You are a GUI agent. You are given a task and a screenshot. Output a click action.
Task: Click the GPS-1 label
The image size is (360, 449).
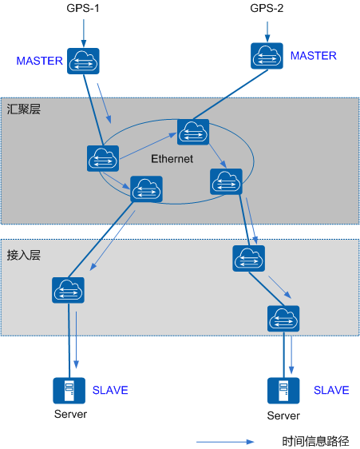pyautogui.click(x=83, y=8)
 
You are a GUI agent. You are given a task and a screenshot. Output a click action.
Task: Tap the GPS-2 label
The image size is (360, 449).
pyautogui.click(x=267, y=8)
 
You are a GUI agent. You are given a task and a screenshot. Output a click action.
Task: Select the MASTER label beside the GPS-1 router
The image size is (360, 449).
pyautogui.click(x=39, y=61)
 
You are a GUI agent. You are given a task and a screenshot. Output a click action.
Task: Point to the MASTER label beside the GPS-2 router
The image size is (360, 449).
pyautogui.click(x=314, y=56)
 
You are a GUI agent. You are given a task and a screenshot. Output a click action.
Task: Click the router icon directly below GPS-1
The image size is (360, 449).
pyautogui.click(x=83, y=61)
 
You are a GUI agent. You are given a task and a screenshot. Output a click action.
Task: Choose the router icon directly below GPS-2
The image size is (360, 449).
pyautogui.click(x=267, y=56)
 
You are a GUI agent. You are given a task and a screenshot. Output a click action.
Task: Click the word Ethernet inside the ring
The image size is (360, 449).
pyautogui.click(x=172, y=159)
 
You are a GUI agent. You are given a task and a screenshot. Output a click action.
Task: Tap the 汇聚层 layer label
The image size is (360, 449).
pyautogui.click(x=24, y=109)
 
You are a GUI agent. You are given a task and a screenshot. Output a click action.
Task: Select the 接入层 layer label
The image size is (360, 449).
pyautogui.click(x=24, y=255)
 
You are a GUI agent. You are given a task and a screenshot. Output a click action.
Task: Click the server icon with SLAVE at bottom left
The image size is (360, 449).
pyautogui.click(x=69, y=391)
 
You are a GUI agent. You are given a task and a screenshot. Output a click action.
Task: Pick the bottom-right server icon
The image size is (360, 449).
pyautogui.click(x=283, y=391)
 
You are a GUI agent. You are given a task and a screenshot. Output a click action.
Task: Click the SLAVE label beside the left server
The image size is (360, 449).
pyautogui.click(x=110, y=390)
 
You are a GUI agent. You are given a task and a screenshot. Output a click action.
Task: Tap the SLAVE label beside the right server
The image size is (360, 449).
pyautogui.click(x=331, y=390)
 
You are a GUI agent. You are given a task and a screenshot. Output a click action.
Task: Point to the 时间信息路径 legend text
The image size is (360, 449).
pyautogui.click(x=315, y=441)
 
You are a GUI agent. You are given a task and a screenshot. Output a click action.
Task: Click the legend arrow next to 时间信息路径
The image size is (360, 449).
pyautogui.click(x=225, y=442)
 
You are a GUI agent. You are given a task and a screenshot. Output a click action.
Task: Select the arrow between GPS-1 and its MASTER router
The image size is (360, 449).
pyautogui.click(x=84, y=33)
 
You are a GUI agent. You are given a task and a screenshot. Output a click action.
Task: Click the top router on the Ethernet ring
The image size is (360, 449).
pyautogui.click(x=193, y=132)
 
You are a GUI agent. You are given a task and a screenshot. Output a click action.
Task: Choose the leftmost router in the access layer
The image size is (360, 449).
pyautogui.click(x=68, y=290)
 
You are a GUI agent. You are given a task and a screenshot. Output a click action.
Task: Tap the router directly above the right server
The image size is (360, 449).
pyautogui.click(x=283, y=319)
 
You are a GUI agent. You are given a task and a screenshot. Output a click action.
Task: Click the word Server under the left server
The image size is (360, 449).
pyautogui.click(x=70, y=414)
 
